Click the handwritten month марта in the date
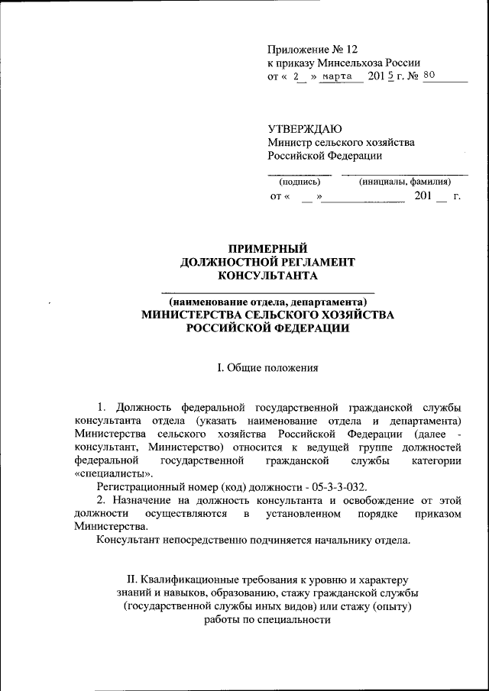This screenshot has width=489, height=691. [336, 77]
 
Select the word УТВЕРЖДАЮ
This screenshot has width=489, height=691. [305, 128]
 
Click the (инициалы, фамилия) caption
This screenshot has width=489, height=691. [404, 182]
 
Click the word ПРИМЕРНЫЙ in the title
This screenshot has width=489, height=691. [268, 248]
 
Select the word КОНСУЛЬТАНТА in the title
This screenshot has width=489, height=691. [267, 276]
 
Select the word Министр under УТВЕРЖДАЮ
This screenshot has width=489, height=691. [288, 143]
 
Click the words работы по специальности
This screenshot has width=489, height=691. [267, 620]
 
